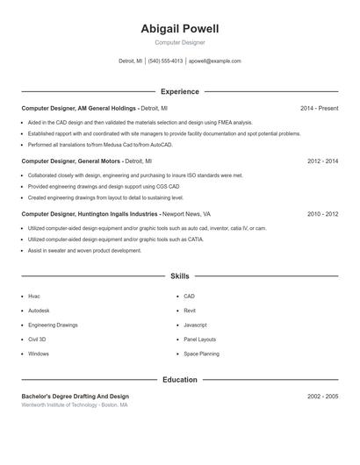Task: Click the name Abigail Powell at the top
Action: tap(179, 29)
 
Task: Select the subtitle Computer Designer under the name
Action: tap(179, 42)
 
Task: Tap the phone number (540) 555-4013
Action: tap(165, 61)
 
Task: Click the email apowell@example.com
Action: tap(214, 61)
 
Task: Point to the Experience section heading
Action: tap(179, 91)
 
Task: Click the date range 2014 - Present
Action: tap(319, 108)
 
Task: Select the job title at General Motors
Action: tap(70, 161)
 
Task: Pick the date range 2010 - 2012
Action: tap(322, 213)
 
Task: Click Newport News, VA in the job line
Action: tap(186, 213)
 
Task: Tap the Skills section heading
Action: tap(179, 275)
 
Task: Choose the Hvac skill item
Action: tap(34, 297)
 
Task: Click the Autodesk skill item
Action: tap(39, 311)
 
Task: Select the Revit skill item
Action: tap(190, 311)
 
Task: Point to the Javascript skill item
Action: tap(195, 325)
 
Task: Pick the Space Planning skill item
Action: tap(201, 354)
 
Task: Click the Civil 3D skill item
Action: tap(37, 339)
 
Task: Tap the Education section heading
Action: tap(179, 380)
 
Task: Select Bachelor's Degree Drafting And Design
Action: tap(75, 397)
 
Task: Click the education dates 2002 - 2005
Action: tap(322, 397)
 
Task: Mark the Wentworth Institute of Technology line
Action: tap(75, 405)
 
